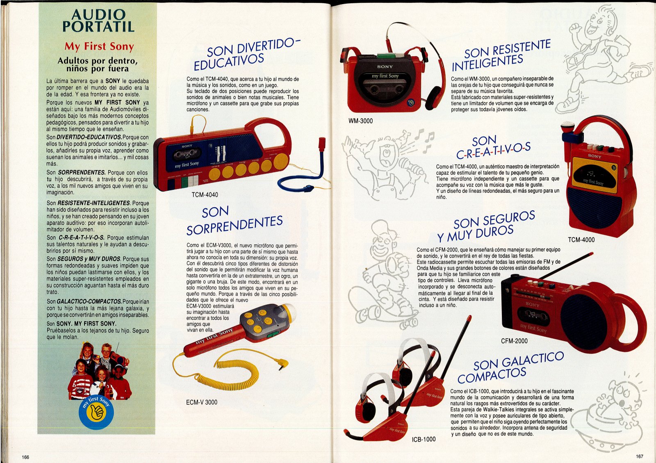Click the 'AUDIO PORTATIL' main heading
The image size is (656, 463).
tap(98, 21)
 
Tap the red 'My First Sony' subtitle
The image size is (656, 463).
tap(99, 46)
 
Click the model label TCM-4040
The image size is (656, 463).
tap(205, 194)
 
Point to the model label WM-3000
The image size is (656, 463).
tap(360, 121)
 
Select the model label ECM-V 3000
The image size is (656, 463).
tap(202, 402)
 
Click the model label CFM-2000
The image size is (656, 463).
tap(514, 341)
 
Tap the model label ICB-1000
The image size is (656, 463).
tap(424, 439)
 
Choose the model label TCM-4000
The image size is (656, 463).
tap(581, 239)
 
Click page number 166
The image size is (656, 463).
tap(25, 457)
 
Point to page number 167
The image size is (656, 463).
tap(640, 456)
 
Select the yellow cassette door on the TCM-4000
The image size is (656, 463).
tap(594, 175)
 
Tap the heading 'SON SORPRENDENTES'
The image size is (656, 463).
tap(234, 221)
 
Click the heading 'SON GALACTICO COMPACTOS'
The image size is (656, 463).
tap(510, 367)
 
